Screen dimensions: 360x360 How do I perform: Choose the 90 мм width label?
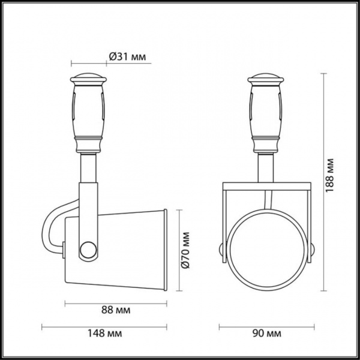(266, 333)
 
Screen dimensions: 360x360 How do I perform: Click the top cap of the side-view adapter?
(89, 78)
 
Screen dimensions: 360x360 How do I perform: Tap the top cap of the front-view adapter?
(266, 78)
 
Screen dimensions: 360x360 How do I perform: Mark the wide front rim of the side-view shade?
(164, 249)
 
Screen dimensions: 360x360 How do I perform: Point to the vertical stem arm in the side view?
(89, 192)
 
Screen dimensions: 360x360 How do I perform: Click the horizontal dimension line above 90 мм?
(266, 327)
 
